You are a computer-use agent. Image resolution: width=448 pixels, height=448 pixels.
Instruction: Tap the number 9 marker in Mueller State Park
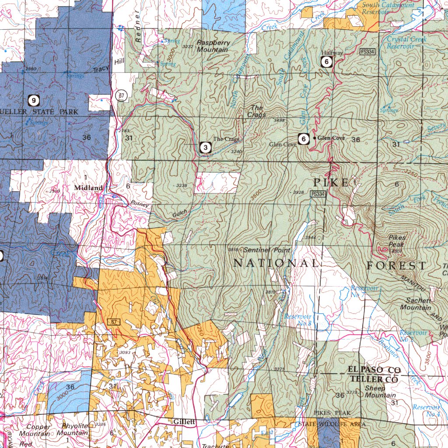coord(34,100)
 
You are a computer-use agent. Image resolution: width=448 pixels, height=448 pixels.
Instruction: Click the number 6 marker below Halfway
coord(327,62)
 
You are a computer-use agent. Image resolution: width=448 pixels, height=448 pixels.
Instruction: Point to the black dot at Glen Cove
coord(315,138)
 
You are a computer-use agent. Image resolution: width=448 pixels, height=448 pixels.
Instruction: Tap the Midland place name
coord(88,188)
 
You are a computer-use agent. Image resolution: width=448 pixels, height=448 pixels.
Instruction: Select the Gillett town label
coord(184,422)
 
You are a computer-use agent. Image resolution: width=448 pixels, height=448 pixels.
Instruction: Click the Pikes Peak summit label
coord(397,241)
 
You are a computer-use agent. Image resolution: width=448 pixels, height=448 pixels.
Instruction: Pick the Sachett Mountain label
coord(415,304)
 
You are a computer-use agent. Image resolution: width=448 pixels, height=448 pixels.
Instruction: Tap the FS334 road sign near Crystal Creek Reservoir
coord(367,52)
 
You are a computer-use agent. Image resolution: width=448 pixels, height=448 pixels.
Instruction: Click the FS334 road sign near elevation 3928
coord(318,194)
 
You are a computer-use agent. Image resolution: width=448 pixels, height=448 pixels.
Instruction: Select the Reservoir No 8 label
coord(297,320)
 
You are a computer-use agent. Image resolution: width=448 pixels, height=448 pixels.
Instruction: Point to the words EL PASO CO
coord(374,370)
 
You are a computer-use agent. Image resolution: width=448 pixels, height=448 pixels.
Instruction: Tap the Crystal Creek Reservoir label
coord(406,42)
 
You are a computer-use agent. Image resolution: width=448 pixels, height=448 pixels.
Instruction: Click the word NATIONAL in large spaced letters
coord(276,263)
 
